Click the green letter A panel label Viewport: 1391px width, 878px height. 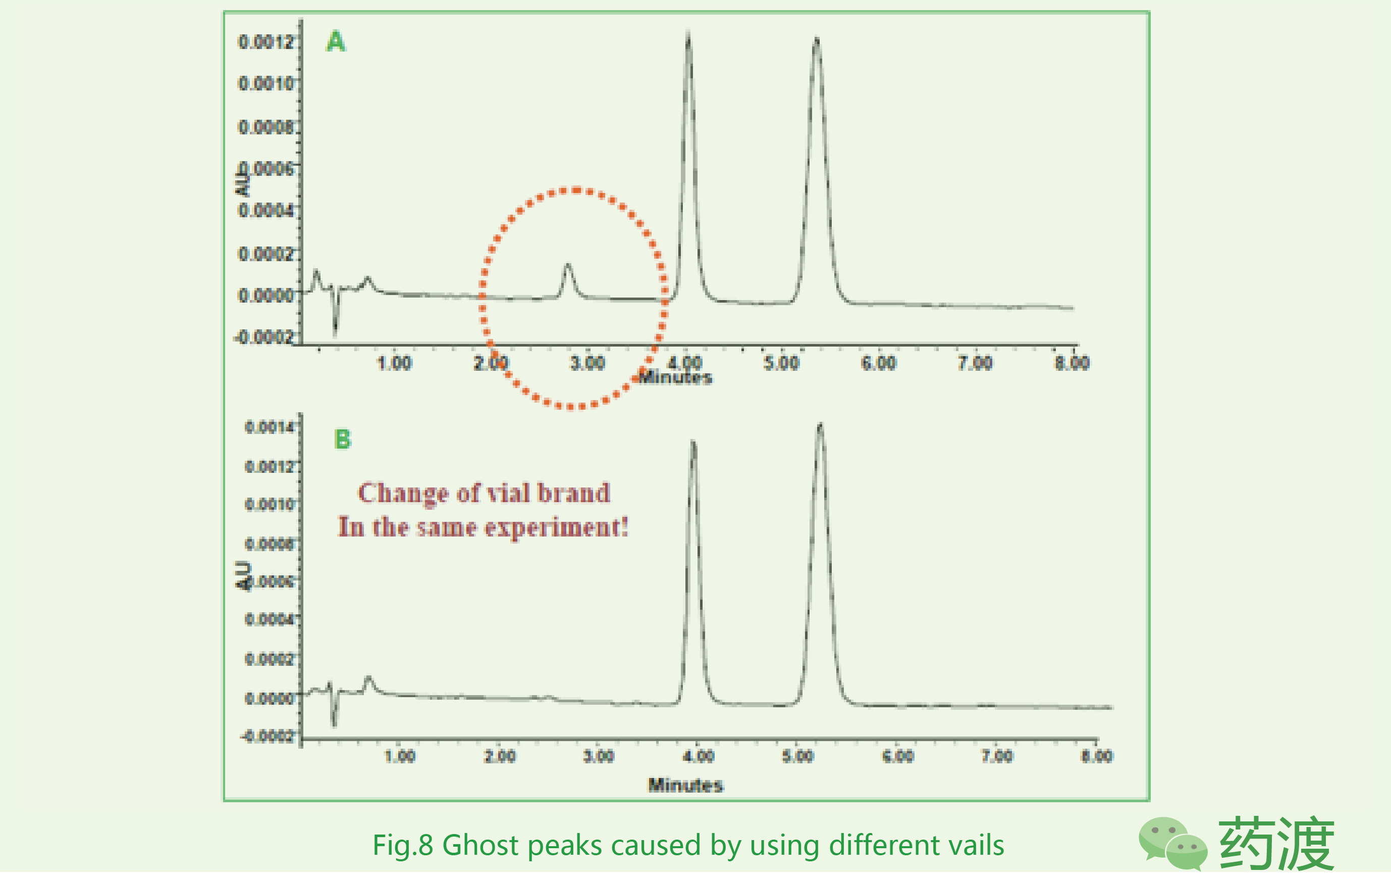coord(336,41)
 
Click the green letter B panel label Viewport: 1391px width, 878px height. coord(343,440)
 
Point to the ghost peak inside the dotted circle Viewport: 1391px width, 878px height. coord(568,266)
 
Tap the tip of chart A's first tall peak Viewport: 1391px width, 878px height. coord(688,33)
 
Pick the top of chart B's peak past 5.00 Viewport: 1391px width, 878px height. coord(820,426)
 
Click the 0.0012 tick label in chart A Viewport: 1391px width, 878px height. coord(265,41)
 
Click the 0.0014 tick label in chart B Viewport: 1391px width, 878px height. coord(269,427)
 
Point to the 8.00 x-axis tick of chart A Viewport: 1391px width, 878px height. coord(1072,363)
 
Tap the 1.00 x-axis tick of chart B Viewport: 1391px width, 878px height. coord(400,756)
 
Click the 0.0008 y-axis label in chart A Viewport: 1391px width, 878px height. coord(265,127)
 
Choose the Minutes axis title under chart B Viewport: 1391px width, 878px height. coord(685,785)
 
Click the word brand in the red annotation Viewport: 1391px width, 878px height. coord(574,493)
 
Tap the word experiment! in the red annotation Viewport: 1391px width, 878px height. coord(556,527)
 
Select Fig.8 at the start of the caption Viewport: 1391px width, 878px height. coord(402,845)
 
